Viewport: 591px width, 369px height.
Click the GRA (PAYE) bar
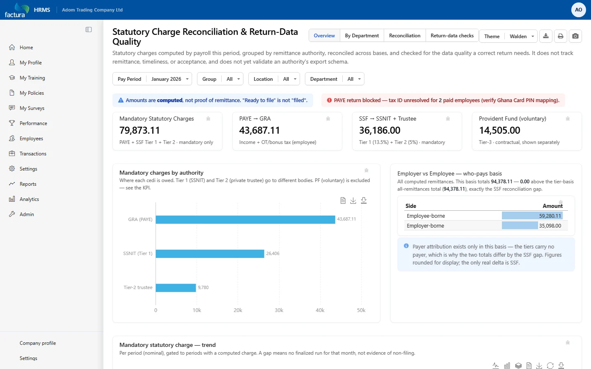click(x=245, y=220)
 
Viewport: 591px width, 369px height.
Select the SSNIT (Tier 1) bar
click(x=210, y=253)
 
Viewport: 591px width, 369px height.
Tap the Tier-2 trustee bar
click(x=176, y=287)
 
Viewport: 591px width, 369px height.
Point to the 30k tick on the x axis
click(x=279, y=310)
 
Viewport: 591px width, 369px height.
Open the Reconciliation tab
click(x=405, y=36)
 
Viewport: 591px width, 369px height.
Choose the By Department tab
click(x=362, y=36)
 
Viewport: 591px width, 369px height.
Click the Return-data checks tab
click(x=452, y=36)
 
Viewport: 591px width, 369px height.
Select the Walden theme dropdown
click(x=522, y=36)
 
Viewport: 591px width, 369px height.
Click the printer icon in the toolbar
click(x=560, y=36)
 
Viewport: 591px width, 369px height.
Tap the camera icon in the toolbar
click(x=575, y=36)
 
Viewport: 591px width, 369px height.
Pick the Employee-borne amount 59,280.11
click(x=550, y=216)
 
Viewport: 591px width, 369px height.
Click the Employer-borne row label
click(x=425, y=225)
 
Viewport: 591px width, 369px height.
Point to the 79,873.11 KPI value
click(x=140, y=130)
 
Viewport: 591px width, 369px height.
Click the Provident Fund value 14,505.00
click(x=499, y=130)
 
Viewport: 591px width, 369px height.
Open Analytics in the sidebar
click(x=29, y=199)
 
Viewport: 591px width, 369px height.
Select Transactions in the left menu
click(x=33, y=154)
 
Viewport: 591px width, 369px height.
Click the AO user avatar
click(x=578, y=10)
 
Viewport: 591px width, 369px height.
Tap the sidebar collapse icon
click(x=89, y=30)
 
